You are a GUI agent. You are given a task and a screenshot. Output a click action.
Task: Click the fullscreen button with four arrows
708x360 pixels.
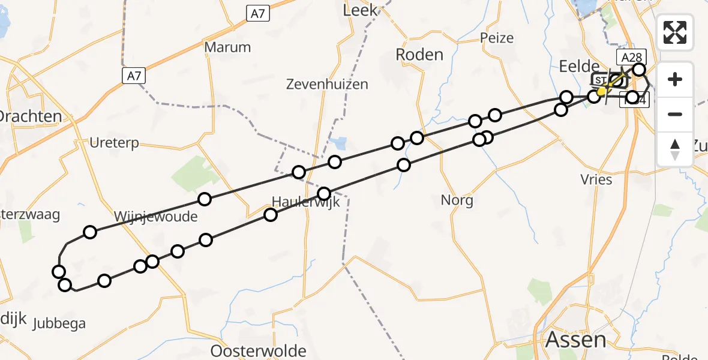675,32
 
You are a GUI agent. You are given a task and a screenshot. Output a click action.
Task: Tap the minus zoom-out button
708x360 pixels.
675,114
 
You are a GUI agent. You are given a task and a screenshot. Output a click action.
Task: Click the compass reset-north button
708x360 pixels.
675,149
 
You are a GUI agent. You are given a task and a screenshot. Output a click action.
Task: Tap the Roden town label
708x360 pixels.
419,55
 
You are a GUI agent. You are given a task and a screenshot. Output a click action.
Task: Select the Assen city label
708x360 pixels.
575,340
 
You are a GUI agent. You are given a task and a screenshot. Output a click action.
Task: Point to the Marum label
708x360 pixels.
227,47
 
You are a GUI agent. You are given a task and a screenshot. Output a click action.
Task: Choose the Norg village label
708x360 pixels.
457,200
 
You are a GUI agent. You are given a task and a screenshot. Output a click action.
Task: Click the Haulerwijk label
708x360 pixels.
305,202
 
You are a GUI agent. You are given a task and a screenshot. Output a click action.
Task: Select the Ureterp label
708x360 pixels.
114,143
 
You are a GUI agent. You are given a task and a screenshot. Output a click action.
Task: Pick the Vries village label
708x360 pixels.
596,179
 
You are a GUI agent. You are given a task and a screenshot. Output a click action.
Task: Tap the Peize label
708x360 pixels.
497,38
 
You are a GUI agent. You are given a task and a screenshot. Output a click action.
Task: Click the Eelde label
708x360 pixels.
579,66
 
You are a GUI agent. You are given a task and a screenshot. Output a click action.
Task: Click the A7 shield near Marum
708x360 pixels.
257,14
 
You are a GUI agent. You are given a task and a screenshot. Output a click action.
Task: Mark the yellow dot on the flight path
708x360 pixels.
602,91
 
